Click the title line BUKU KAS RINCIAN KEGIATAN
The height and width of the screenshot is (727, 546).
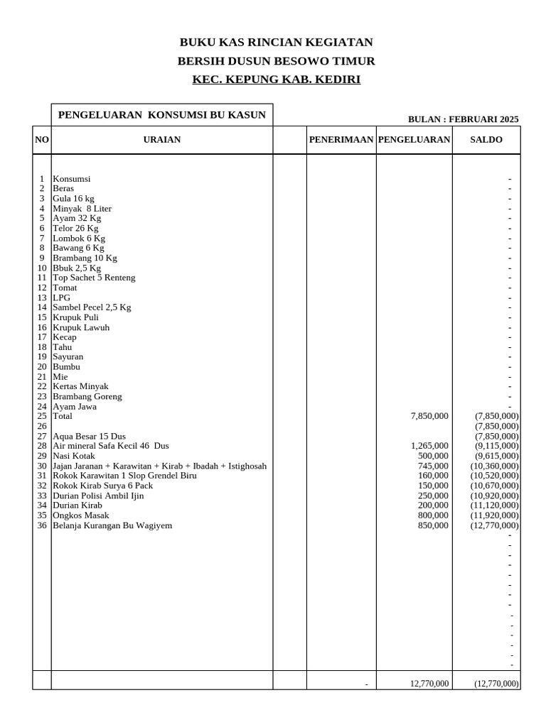coord(276,42)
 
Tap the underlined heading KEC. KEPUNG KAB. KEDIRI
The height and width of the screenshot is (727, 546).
coord(276,79)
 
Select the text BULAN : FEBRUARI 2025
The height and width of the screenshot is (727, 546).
coord(463,119)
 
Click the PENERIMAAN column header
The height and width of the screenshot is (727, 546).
coord(341,140)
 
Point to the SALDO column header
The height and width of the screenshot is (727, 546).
coord(486,140)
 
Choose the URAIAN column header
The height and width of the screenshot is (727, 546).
coord(162,140)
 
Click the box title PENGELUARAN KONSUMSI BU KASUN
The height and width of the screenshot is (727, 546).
coord(162,114)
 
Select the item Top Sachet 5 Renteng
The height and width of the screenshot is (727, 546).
coord(94,278)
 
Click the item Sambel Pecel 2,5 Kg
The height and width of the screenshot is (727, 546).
coord(92,307)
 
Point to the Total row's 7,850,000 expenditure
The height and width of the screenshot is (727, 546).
coord(429,416)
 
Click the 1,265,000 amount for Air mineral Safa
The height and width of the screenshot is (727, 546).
coord(429,446)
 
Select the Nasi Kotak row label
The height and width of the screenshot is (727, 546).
coord(74,456)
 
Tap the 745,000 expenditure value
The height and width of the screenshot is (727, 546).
coord(433,466)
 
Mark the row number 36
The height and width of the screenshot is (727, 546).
coord(42,525)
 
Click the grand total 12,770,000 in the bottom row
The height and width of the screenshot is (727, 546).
coord(429,684)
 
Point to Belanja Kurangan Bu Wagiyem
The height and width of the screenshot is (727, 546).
coord(112,525)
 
